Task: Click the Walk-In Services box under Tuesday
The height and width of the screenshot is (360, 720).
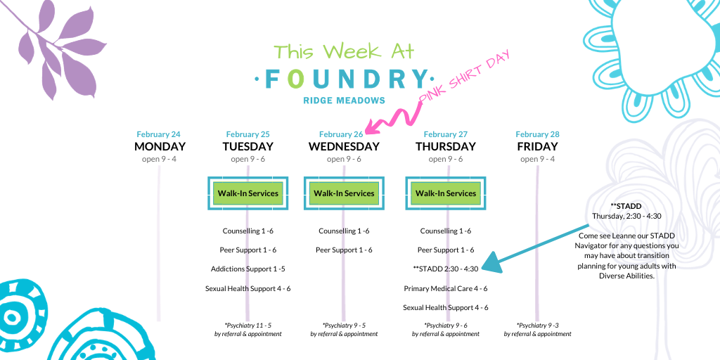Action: (x=248, y=193)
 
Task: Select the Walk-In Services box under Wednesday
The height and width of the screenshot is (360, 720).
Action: (x=344, y=193)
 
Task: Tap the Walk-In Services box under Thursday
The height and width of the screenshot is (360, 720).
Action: (x=445, y=193)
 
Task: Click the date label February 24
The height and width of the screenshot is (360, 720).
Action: (x=158, y=134)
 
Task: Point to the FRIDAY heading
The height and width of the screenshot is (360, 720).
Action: (x=537, y=146)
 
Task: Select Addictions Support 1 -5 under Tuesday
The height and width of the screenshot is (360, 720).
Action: (x=248, y=269)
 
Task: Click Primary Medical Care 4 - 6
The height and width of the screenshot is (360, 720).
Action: (x=445, y=288)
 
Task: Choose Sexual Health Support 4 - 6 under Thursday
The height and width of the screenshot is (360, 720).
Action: (x=445, y=308)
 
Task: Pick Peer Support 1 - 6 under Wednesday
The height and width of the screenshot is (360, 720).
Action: (x=344, y=250)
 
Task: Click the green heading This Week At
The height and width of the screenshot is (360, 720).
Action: (x=344, y=51)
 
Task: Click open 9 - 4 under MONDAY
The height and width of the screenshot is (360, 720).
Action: (x=158, y=160)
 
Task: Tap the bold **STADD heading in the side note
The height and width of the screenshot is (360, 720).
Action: (x=626, y=206)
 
